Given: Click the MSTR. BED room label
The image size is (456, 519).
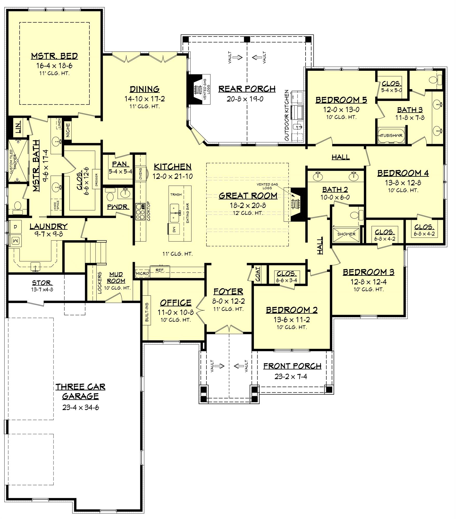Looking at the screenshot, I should (x=54, y=56).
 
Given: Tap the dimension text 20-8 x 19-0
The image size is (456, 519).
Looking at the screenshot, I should (x=245, y=99).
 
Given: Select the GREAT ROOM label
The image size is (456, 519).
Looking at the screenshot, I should (x=248, y=196).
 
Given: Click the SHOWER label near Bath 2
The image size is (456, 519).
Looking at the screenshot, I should (x=346, y=234).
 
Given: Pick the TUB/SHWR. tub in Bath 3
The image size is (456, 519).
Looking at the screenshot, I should (x=391, y=135).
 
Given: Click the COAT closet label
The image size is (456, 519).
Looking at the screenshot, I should (x=258, y=274).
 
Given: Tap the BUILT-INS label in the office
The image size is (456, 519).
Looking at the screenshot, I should (x=147, y=312).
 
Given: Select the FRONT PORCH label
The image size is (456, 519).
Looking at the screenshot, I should (x=292, y=366).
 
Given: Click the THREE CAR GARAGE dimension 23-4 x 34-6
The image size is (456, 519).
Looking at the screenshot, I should (x=80, y=407).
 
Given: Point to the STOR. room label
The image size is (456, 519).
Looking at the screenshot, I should (x=42, y=283).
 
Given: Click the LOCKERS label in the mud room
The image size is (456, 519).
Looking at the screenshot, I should (x=100, y=283).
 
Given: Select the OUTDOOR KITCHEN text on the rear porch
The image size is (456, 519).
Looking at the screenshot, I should (x=287, y=115).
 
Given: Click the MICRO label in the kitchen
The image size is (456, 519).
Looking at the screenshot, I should (x=142, y=274).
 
